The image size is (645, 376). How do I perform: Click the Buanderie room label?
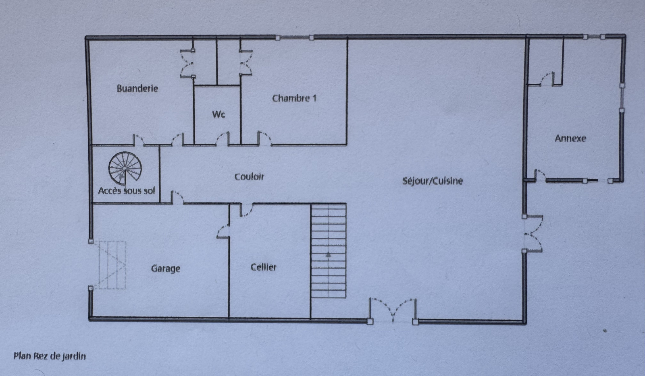(137, 88)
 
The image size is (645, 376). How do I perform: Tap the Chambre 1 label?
(294, 98)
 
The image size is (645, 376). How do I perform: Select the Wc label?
(218, 114)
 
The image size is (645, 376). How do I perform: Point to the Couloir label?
(250, 176)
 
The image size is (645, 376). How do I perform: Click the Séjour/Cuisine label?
(433, 181)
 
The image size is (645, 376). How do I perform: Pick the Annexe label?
(570, 138)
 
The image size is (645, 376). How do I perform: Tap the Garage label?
(166, 269)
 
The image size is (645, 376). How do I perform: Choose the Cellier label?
(264, 267)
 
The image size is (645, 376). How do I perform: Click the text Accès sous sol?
(127, 190)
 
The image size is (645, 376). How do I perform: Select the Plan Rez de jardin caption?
(50, 356)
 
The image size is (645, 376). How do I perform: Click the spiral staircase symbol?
(125, 168)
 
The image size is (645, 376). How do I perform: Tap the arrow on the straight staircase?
(328, 254)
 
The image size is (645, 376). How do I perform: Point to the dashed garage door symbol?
(112, 265)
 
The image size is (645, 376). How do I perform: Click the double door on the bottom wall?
(393, 310)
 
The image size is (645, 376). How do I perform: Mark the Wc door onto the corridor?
(223, 138)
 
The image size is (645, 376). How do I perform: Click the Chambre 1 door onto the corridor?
(264, 138)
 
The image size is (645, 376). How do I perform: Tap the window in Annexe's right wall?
(622, 98)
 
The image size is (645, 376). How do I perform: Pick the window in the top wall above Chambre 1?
(295, 37)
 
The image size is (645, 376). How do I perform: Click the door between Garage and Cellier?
(223, 231)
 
